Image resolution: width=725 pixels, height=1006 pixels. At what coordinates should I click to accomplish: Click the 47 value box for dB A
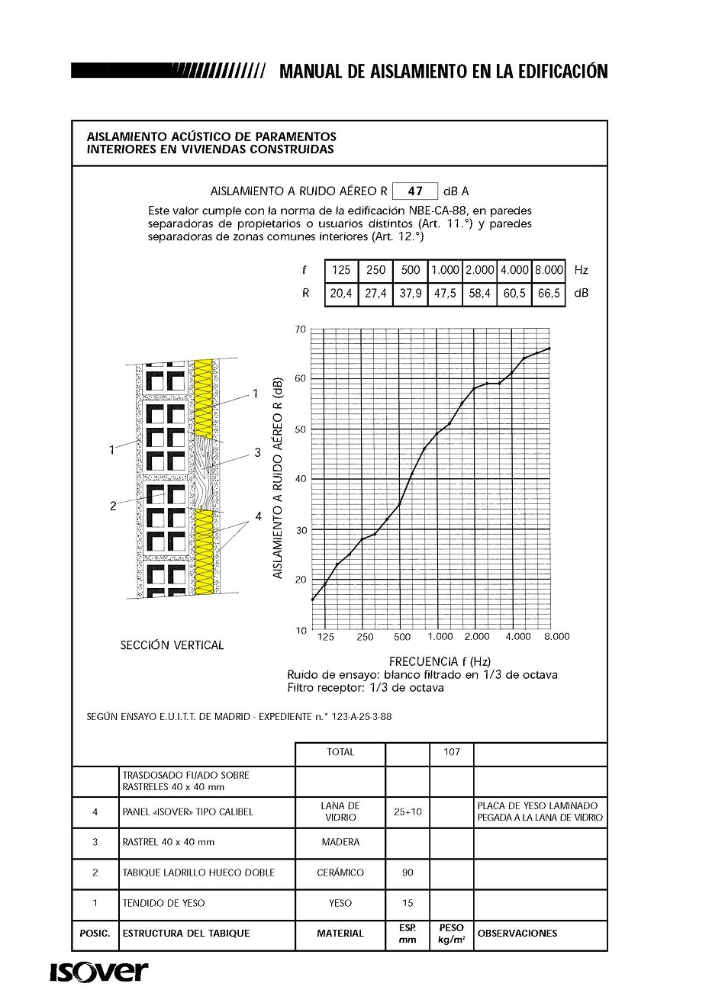click(415, 191)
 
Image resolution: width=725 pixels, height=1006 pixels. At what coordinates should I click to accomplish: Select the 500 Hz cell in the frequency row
click(411, 270)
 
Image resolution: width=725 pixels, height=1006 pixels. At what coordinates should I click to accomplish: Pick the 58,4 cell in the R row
click(479, 293)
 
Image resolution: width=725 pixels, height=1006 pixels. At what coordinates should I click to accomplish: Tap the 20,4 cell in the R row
click(341, 293)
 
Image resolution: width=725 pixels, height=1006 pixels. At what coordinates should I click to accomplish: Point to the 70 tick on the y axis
click(300, 329)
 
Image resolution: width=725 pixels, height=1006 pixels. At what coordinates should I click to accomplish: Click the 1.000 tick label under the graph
click(440, 637)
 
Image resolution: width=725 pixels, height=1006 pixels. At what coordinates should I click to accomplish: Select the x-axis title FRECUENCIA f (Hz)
click(440, 661)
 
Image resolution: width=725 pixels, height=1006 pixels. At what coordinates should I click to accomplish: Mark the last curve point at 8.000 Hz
click(549, 348)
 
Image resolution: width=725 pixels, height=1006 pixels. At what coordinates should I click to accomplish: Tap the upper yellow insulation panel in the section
click(203, 396)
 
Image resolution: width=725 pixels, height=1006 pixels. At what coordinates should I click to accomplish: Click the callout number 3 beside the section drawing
click(257, 452)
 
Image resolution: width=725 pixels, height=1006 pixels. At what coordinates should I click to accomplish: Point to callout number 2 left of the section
click(113, 506)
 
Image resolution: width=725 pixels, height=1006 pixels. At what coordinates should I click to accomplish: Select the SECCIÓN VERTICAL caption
click(172, 645)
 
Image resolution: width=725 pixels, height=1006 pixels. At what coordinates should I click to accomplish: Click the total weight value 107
click(452, 752)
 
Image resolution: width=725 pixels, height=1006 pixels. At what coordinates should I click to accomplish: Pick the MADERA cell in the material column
click(340, 842)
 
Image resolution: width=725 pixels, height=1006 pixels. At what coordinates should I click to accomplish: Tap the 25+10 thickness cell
click(408, 812)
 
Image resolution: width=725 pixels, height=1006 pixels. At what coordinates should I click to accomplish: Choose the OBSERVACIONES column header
click(517, 934)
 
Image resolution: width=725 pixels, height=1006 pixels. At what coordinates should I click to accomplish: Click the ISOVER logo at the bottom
click(99, 972)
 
